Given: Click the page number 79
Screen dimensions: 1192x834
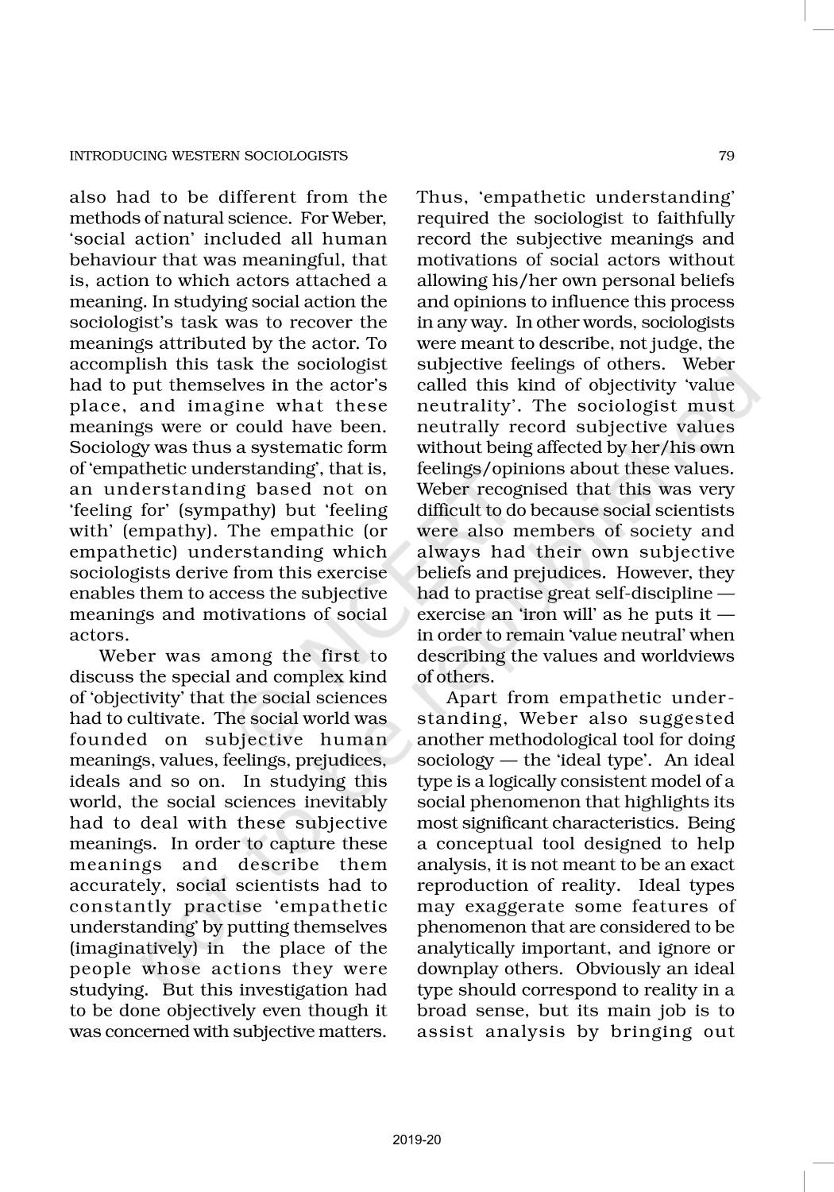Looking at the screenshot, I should pos(726,156).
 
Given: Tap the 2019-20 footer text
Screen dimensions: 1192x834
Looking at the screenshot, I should pos(416,1140).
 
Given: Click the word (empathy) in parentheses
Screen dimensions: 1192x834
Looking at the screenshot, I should pos(162,531).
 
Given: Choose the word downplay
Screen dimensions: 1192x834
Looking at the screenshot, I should pos(456,969).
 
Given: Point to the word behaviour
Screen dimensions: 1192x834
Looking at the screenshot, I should pos(112,260).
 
